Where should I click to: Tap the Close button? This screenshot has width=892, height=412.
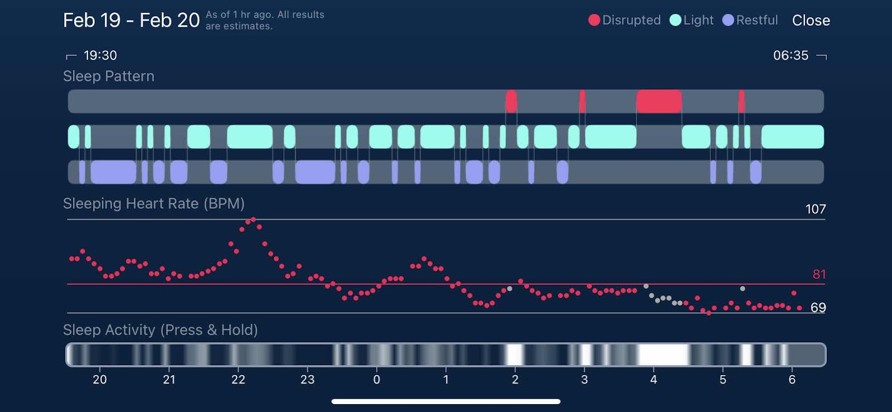(x=811, y=21)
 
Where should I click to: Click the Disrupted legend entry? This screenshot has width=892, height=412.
(x=624, y=20)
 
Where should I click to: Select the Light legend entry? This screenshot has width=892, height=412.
(x=691, y=20)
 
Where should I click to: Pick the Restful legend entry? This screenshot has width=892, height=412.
(x=750, y=20)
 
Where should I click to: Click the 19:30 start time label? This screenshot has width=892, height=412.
(x=100, y=55)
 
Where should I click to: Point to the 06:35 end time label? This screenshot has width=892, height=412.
(x=790, y=55)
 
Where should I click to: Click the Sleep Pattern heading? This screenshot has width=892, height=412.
(x=109, y=76)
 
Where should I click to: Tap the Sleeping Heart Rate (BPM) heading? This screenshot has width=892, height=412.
(x=154, y=203)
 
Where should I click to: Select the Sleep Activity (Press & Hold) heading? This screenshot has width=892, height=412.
(x=160, y=330)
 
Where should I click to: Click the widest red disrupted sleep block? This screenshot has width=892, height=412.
(x=659, y=101)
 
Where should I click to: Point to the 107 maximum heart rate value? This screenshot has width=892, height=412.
(x=815, y=209)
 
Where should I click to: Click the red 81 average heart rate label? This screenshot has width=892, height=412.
(x=818, y=274)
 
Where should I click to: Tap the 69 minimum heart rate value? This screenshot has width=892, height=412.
(x=818, y=308)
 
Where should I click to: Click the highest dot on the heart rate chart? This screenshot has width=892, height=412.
(x=253, y=220)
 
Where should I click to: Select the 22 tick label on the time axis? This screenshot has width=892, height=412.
(x=238, y=380)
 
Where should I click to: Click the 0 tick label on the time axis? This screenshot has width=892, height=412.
(x=377, y=380)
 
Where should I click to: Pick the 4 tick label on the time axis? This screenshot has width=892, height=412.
(x=653, y=380)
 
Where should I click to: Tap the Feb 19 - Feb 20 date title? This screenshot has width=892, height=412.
(x=131, y=20)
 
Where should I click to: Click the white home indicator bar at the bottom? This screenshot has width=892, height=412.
(x=445, y=401)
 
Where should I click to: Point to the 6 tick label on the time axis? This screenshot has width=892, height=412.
(x=792, y=380)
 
